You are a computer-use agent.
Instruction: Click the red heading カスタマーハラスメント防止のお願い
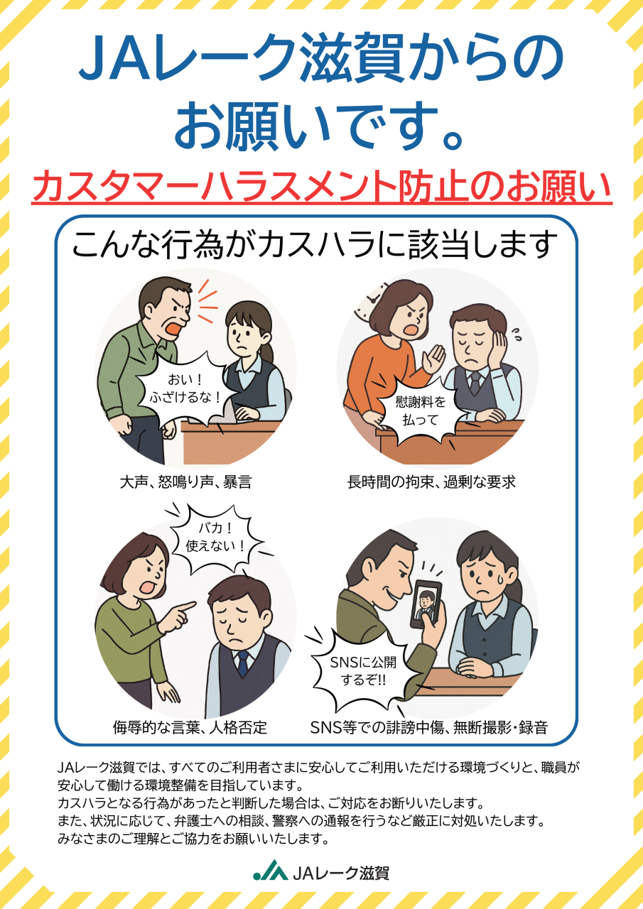tap(322, 187)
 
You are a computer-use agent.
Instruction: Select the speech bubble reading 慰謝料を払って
tap(421, 411)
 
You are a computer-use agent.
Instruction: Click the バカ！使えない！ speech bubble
tap(215, 538)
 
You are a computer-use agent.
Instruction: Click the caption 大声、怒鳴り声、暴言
tap(185, 482)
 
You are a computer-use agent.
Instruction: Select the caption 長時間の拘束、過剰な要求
tap(431, 482)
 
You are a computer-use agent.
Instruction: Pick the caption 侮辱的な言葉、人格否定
tap(190, 728)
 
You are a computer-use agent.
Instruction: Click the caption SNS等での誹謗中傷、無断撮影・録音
tap(429, 728)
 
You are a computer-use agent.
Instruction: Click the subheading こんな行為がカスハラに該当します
tap(315, 245)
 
